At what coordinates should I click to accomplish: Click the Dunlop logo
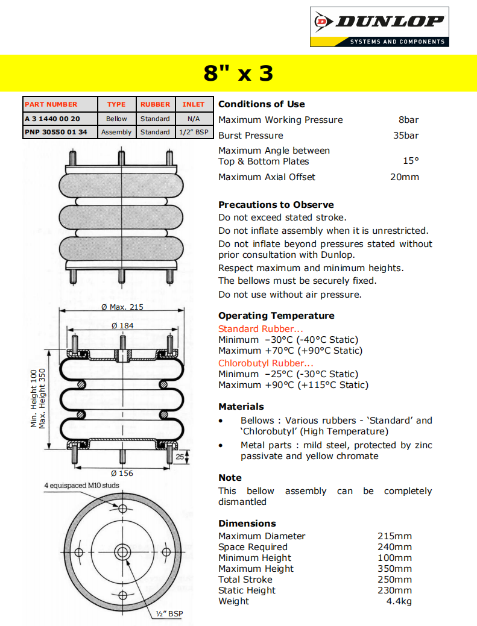379,27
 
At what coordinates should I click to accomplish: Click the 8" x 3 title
238,74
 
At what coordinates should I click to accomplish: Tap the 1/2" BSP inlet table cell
194,132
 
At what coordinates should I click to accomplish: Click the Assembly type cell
116,132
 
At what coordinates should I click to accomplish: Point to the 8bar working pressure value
408,120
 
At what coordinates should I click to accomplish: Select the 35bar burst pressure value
406,136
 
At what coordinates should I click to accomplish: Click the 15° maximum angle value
411,161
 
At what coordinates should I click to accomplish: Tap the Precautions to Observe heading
276,205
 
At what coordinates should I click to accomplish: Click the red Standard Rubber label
261,329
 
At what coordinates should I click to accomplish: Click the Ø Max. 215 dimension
122,307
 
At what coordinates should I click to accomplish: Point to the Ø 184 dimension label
122,326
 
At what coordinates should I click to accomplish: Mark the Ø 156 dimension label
122,474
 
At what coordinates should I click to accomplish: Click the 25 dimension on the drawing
180,457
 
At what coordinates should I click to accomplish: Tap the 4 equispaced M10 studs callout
81,486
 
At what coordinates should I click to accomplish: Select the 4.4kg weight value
399,601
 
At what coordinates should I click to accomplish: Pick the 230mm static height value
394,590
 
